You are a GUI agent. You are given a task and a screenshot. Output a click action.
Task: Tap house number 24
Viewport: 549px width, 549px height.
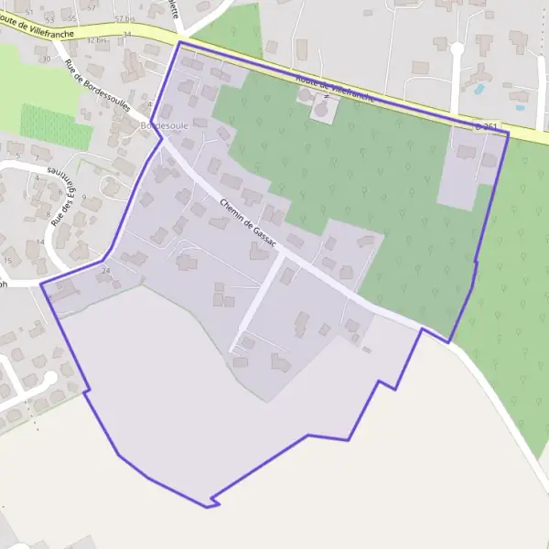pos(106,270)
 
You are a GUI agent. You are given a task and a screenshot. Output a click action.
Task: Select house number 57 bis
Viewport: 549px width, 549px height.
pos(124,18)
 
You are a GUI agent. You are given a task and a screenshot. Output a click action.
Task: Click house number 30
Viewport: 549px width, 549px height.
pos(46,59)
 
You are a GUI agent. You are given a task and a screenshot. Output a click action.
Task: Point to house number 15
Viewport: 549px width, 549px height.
pos(8,262)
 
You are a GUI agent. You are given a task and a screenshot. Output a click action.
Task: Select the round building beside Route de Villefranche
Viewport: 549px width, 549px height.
pos(321,109)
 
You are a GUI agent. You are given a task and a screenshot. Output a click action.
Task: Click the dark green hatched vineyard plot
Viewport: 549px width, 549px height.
pos(55,126)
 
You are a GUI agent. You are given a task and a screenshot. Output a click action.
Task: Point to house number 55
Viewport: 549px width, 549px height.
pos(73,18)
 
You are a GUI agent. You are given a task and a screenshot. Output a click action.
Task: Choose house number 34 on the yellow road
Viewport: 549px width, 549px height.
pos(126,35)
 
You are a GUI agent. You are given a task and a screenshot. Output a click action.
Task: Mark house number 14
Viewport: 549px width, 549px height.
pos(40,242)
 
